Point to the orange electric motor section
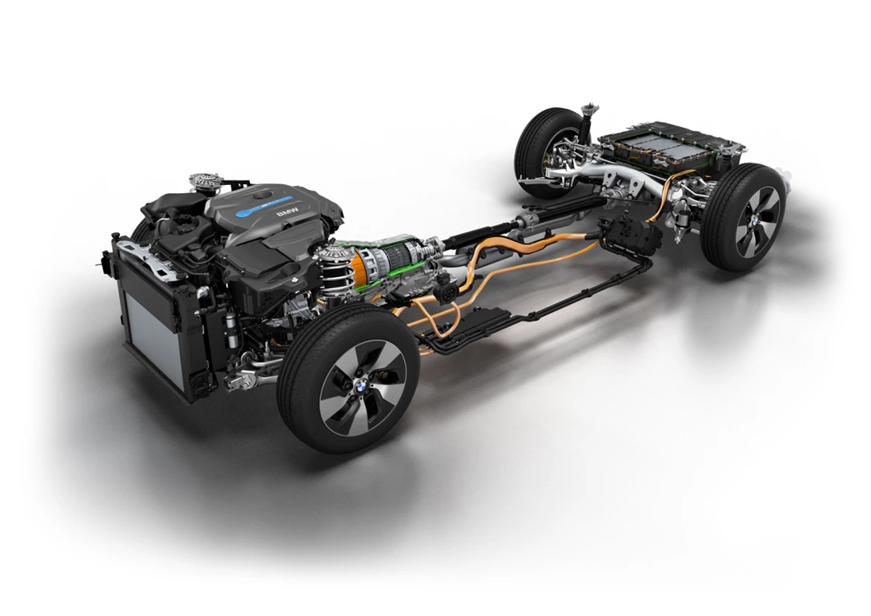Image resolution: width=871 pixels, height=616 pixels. click(358, 264)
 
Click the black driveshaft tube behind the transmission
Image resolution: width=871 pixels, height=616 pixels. click(480, 232)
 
